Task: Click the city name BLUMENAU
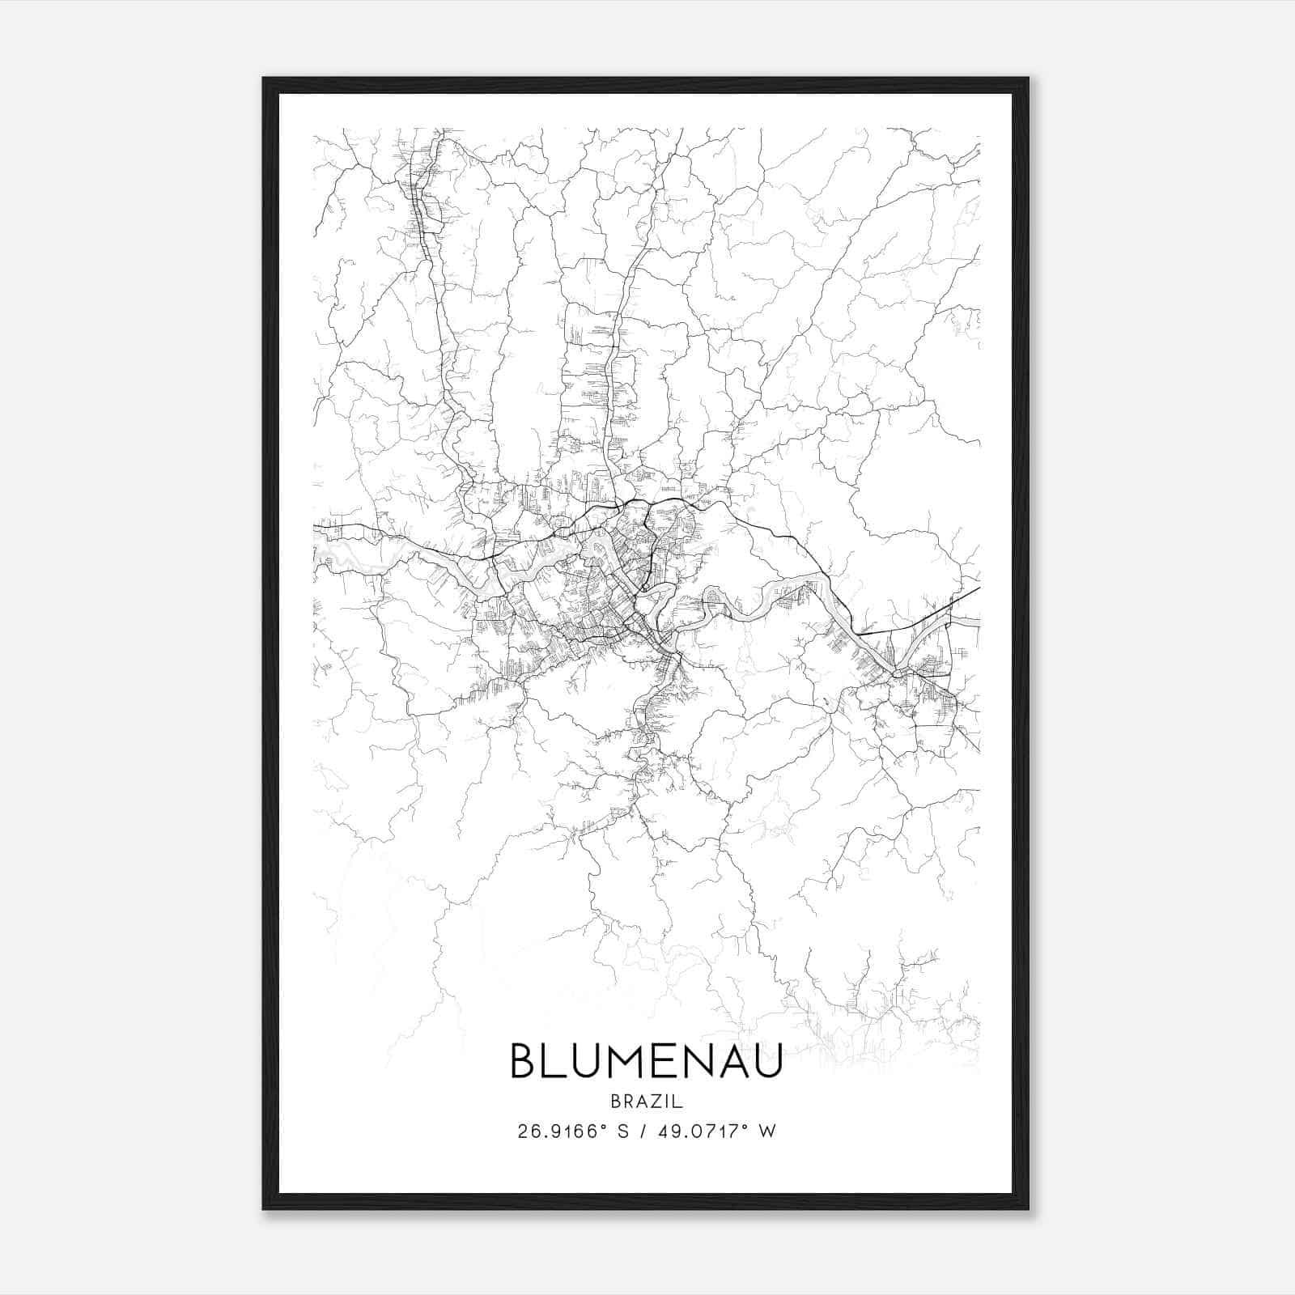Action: (647, 1060)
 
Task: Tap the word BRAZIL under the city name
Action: (647, 1102)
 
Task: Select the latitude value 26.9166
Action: (557, 1132)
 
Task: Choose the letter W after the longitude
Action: (766, 1132)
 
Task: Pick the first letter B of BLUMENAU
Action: (523, 1060)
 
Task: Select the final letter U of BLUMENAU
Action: (767, 1060)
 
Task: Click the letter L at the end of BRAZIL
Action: (678, 1102)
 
